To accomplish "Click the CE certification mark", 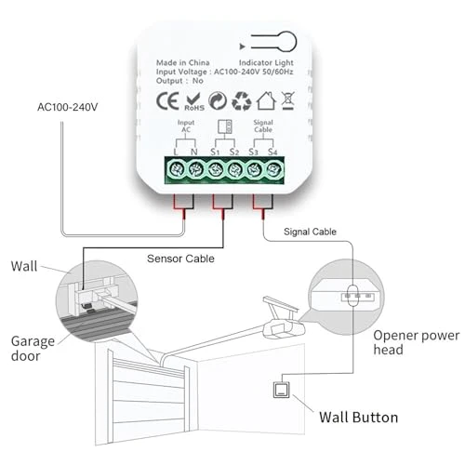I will [x=167, y=100].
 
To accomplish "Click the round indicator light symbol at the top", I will [x=286, y=42].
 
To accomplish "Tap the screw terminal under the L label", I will [x=175, y=169].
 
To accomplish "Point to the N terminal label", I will [x=193, y=150].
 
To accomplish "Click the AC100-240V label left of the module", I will [x=68, y=106].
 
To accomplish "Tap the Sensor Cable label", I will [x=182, y=258].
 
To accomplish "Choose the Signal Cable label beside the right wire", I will [x=312, y=232].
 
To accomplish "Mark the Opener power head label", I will [x=415, y=342].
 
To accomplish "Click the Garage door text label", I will [x=30, y=348].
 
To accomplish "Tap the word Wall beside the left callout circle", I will [x=25, y=267].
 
